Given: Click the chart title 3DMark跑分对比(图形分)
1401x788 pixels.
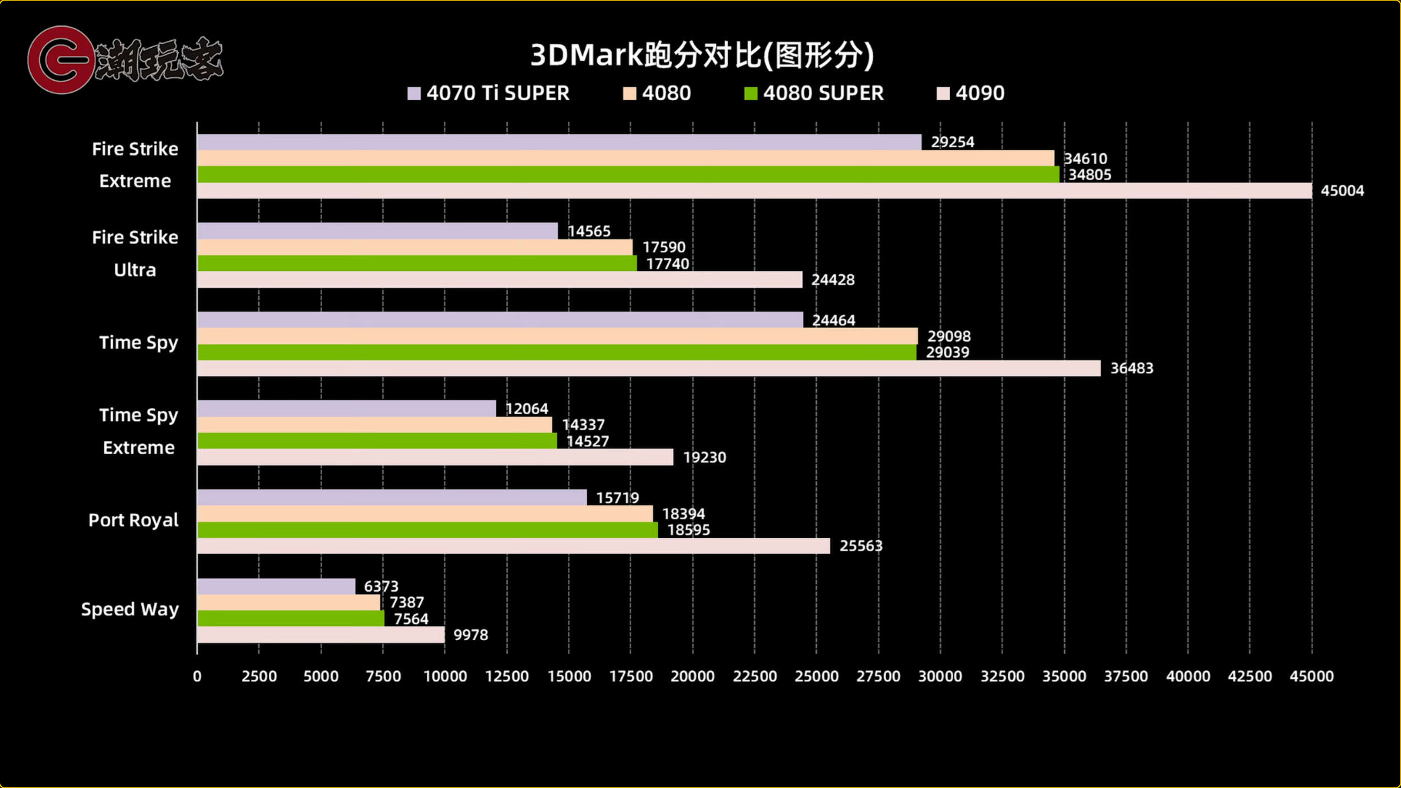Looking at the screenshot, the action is click(702, 55).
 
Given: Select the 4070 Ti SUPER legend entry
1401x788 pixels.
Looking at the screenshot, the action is click(489, 93).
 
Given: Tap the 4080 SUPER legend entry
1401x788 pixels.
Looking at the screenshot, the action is click(814, 93).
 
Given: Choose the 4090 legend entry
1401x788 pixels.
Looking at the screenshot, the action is click(971, 93).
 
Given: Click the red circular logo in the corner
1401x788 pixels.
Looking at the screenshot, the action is click(61, 60).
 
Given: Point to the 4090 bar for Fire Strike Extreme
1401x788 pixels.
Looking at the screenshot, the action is click(754, 190).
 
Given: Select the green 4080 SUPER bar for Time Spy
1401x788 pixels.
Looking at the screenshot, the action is click(557, 352).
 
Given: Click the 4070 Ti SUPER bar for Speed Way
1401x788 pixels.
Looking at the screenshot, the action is click(276, 586).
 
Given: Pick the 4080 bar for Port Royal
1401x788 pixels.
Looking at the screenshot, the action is click(425, 514).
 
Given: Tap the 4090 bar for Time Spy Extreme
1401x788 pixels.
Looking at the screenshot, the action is click(435, 457).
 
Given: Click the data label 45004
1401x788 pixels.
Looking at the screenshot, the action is click(1343, 190).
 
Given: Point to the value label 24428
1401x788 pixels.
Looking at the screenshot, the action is click(833, 280).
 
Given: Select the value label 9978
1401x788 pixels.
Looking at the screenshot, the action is click(471, 635).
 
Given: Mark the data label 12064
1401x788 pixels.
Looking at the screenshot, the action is click(526, 409).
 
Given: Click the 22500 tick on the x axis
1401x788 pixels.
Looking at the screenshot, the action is click(754, 676).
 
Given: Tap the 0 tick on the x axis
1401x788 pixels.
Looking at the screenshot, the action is click(197, 676).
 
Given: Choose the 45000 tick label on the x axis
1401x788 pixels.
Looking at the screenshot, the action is click(1312, 676).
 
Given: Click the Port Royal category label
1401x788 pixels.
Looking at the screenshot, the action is click(133, 520).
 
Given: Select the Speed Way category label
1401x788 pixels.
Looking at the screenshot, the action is click(130, 609).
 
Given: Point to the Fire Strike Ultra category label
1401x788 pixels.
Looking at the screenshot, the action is click(135, 253).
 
